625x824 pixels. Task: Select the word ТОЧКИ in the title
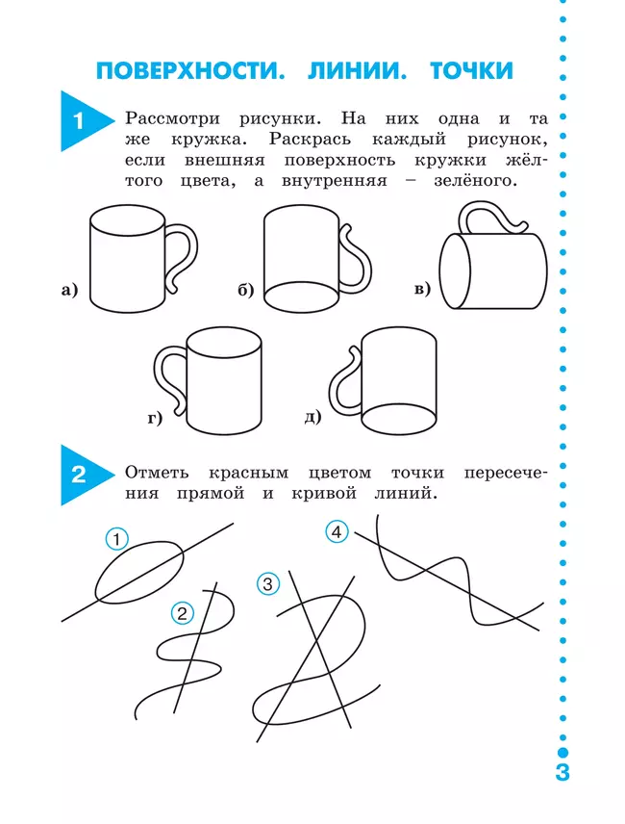click(x=471, y=71)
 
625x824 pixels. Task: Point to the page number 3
click(x=562, y=773)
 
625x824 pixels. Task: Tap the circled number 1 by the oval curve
click(x=116, y=540)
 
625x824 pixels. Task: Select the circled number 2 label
click(x=182, y=611)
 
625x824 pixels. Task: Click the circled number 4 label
click(x=336, y=531)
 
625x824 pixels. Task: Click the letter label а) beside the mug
click(x=68, y=290)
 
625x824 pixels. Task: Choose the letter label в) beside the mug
click(x=422, y=290)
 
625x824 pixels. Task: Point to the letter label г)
click(x=156, y=418)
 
